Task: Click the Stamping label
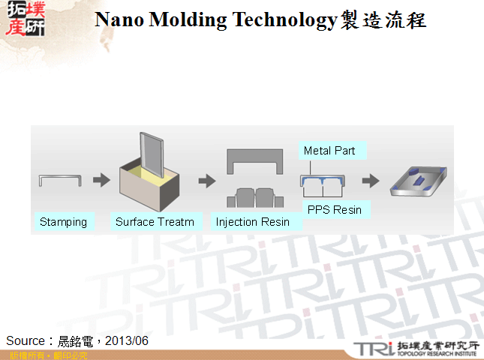[64, 222]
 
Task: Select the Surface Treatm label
[155, 222]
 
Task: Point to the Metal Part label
[329, 151]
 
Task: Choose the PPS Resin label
[335, 210]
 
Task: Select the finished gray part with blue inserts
[420, 180]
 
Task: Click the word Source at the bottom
[25, 340]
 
